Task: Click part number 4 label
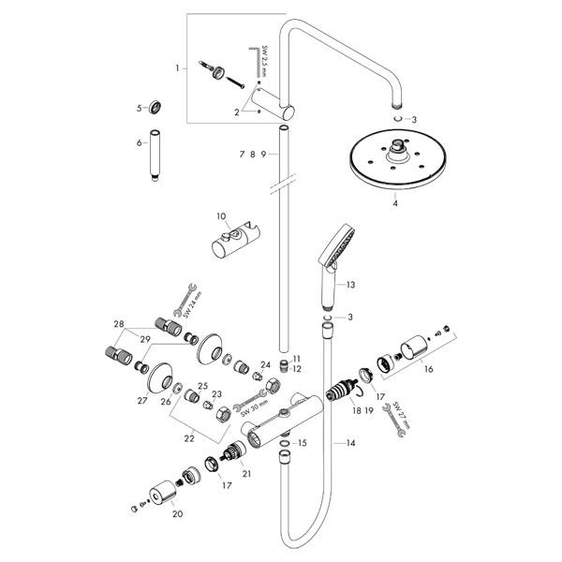[x=396, y=201]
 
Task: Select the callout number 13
[x=350, y=284]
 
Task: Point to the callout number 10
[x=222, y=216]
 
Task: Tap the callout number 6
[x=139, y=142]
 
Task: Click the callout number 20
[x=176, y=513]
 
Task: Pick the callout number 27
[x=142, y=399]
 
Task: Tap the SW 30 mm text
[x=250, y=407]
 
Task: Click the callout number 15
[x=302, y=442]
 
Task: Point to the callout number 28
[x=119, y=324]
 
